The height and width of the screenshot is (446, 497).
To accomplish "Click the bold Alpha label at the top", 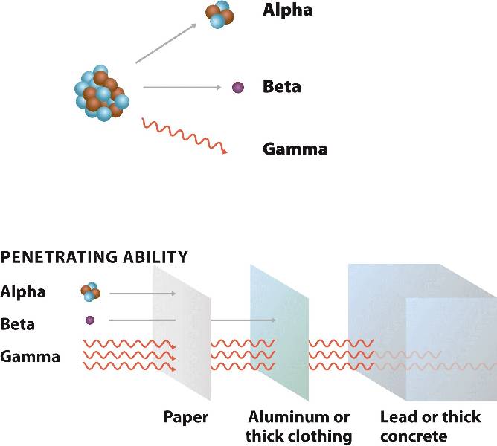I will (x=287, y=11).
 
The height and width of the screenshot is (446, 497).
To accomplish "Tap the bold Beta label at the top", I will (x=281, y=86).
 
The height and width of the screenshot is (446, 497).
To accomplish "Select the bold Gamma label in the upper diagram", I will (x=295, y=149).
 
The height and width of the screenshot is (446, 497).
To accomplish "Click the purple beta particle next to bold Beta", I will (x=238, y=87).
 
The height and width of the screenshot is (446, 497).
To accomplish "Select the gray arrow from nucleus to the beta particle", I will (x=182, y=88).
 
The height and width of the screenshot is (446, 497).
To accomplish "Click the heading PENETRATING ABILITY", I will (x=94, y=258).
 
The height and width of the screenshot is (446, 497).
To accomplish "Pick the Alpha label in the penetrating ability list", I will (x=23, y=291).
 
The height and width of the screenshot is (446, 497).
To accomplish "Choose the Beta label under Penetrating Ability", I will (x=18, y=324).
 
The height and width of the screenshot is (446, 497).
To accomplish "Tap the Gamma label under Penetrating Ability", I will (x=31, y=357).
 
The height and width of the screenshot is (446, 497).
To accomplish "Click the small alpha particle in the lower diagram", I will (x=90, y=292).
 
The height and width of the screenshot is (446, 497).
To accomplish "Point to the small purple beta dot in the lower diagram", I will (x=90, y=320).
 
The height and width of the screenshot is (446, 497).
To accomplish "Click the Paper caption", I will (x=185, y=416).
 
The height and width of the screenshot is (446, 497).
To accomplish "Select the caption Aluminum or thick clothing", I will (x=299, y=426).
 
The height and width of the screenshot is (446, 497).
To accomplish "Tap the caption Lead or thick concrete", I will (x=430, y=426).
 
